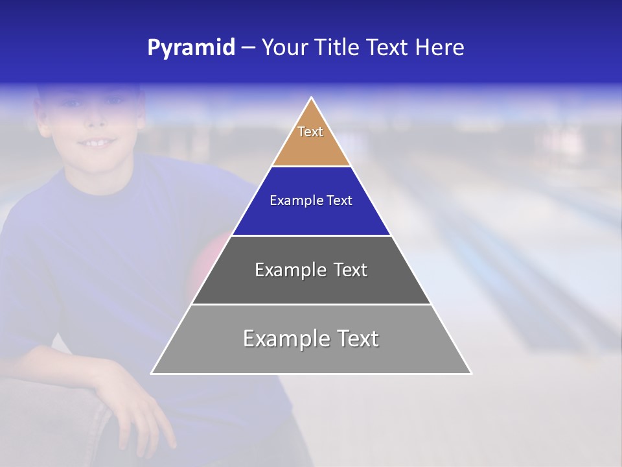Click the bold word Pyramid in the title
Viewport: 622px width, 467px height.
coord(190,48)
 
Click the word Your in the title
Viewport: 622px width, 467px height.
coord(284,48)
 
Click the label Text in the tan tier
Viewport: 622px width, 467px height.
coord(310,132)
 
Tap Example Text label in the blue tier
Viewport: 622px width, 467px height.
coord(311,200)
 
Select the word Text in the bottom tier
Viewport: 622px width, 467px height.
coord(357,339)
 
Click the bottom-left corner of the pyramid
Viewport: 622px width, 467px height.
coord(152,373)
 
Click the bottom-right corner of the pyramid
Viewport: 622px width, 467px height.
coord(470,373)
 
